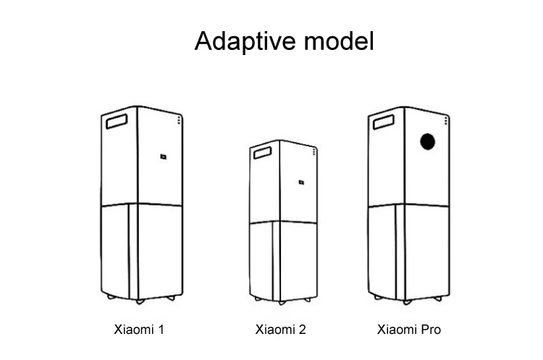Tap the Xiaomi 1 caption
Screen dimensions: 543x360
(x=140, y=330)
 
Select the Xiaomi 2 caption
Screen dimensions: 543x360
(x=281, y=330)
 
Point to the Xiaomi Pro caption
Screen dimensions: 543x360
(x=409, y=330)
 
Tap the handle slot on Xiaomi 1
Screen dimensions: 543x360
(x=117, y=121)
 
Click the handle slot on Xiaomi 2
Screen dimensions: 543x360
(x=261, y=153)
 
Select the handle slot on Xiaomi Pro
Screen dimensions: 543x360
(x=382, y=122)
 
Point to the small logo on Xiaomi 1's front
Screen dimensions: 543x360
(x=164, y=155)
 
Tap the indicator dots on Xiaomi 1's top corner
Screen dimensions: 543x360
(x=180, y=120)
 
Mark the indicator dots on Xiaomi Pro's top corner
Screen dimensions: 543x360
(x=446, y=120)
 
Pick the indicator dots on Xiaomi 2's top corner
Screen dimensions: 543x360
(x=314, y=150)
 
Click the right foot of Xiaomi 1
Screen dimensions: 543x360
(x=171, y=298)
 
